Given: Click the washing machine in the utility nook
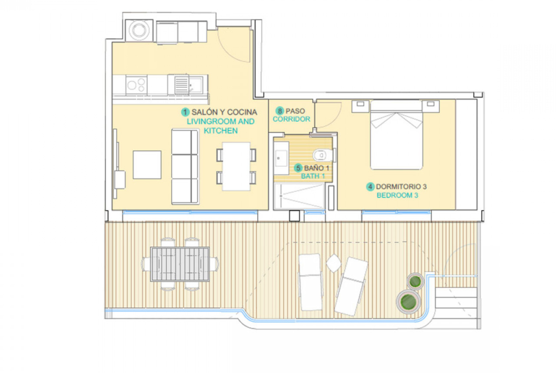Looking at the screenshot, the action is [139, 30].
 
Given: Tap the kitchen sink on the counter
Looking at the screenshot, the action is [188, 85].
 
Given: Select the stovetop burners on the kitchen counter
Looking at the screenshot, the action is [136, 85].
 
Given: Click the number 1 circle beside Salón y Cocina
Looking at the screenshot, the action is [185, 113].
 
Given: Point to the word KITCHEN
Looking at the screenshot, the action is [220, 131].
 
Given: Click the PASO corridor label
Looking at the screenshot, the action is [295, 111].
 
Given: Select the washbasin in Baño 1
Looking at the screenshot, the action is [281, 158].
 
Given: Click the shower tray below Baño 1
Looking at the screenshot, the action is [299, 196].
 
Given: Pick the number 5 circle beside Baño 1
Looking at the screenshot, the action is [298, 168].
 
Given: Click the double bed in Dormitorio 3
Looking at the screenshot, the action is [396, 135].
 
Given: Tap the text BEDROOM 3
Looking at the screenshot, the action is [397, 195].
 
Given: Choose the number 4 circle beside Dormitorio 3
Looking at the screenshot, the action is [370, 186].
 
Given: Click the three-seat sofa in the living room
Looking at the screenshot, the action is [185, 167].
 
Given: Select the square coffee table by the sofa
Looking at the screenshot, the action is [147, 165].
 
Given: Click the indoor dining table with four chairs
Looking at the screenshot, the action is [236, 166].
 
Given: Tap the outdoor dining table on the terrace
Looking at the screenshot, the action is [180, 264].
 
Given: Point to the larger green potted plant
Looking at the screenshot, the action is [408, 302].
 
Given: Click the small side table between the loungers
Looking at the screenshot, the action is [333, 263].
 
